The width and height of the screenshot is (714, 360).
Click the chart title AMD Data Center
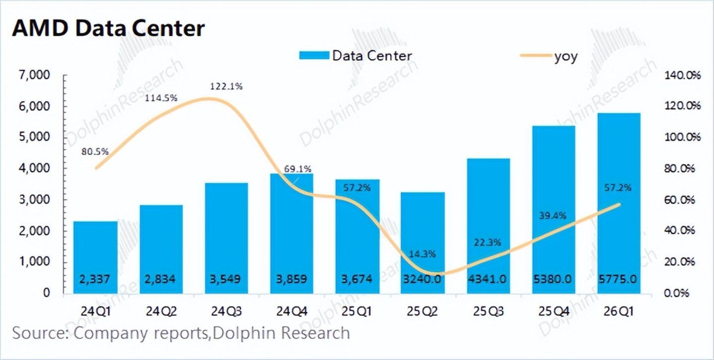tap(108, 29)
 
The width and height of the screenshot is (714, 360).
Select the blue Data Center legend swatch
tap(314, 56)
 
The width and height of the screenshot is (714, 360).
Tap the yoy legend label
tap(566, 57)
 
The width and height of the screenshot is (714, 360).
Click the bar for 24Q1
tap(95, 257)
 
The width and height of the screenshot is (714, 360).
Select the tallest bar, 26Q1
tap(619, 203)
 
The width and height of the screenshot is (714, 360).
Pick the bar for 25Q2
tap(423, 243)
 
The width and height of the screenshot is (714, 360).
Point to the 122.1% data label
tap(226, 86)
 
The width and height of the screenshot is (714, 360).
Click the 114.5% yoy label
tap(161, 98)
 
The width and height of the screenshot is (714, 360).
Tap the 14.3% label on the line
tap(422, 254)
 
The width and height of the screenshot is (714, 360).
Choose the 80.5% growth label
tap(95, 151)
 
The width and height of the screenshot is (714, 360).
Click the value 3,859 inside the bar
tap(291, 280)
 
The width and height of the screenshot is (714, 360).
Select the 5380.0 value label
tap(553, 280)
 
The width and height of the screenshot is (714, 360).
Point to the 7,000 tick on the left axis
tap(34, 75)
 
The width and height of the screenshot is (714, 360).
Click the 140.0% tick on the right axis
tap(682, 75)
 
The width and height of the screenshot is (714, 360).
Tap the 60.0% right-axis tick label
tap(680, 200)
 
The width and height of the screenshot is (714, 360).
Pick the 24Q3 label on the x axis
tap(226, 311)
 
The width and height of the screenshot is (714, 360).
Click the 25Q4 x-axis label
tap(554, 311)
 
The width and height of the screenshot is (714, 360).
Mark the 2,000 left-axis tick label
tap(34, 231)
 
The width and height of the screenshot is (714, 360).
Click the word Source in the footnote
tap(41, 333)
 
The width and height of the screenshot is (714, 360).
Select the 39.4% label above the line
tap(553, 216)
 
